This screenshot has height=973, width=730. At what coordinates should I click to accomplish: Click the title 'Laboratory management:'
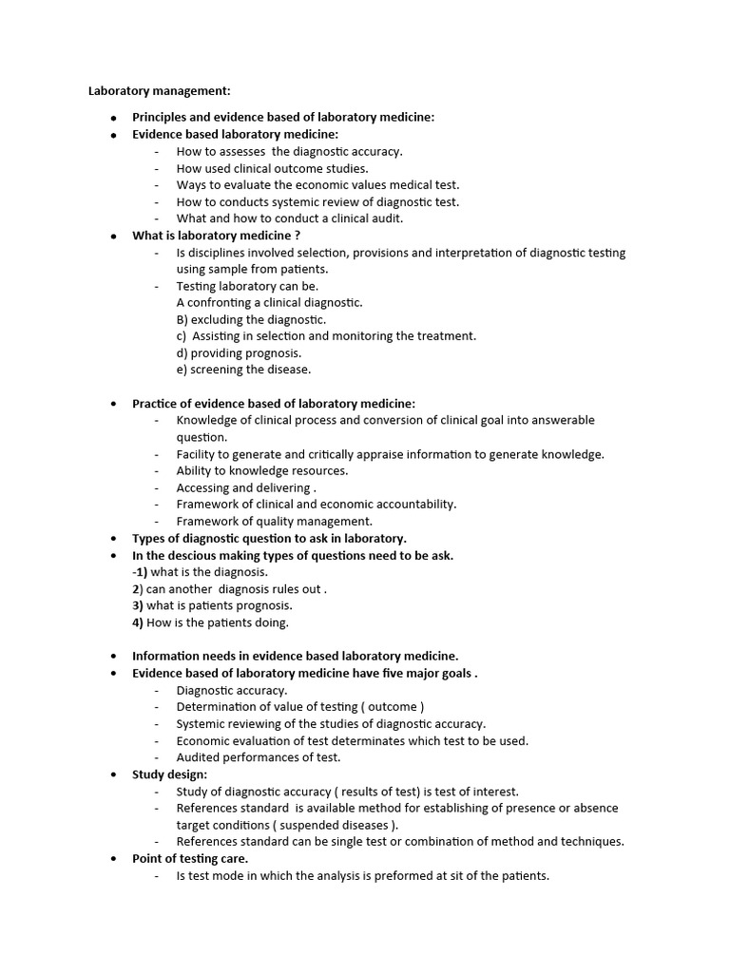(x=159, y=91)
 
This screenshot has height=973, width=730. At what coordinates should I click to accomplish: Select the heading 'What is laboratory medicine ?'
(x=216, y=236)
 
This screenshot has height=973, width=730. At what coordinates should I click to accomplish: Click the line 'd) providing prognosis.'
(x=239, y=353)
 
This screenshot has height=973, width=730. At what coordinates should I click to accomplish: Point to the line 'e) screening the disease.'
(x=243, y=370)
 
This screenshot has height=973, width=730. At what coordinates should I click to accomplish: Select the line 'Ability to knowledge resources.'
(x=262, y=470)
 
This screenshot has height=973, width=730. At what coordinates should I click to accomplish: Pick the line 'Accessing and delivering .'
(x=246, y=487)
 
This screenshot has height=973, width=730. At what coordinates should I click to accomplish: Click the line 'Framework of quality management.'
(x=275, y=521)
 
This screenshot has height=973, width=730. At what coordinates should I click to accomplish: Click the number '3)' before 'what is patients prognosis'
(x=138, y=605)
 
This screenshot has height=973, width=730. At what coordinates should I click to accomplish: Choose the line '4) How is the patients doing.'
(x=210, y=622)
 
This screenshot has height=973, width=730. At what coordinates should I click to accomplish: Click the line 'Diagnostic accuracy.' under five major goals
(x=232, y=691)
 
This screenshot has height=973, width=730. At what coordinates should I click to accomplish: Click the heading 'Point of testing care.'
(x=190, y=858)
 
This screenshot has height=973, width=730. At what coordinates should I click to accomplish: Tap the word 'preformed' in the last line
(x=396, y=875)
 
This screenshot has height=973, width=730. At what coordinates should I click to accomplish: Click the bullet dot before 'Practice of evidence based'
(x=112, y=404)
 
